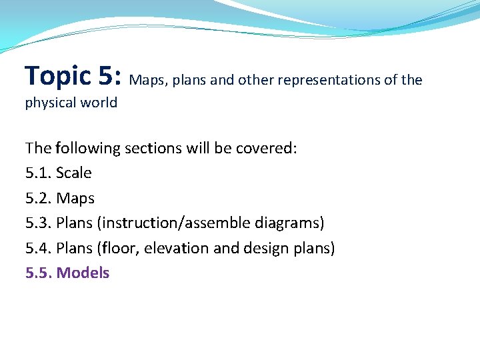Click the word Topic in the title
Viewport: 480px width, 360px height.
(58, 77)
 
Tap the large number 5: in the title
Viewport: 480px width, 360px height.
(109, 75)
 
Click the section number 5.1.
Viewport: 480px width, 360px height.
(39, 173)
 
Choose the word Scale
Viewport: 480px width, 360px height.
(74, 173)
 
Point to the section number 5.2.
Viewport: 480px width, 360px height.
(39, 198)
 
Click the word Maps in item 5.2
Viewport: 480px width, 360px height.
(75, 199)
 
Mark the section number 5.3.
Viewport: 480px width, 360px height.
(39, 223)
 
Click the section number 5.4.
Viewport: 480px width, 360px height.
(39, 248)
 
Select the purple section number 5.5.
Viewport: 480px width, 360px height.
(39, 273)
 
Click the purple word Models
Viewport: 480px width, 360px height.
(83, 273)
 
